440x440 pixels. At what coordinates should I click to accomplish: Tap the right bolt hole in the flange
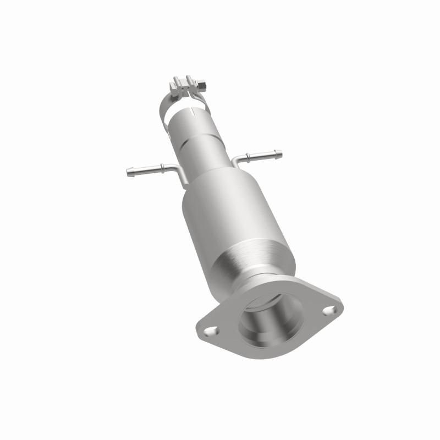(328, 311)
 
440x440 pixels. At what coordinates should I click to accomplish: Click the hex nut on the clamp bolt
(201, 86)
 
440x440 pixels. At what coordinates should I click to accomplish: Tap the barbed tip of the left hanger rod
(130, 171)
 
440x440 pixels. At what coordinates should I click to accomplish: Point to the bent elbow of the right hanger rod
(235, 160)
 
